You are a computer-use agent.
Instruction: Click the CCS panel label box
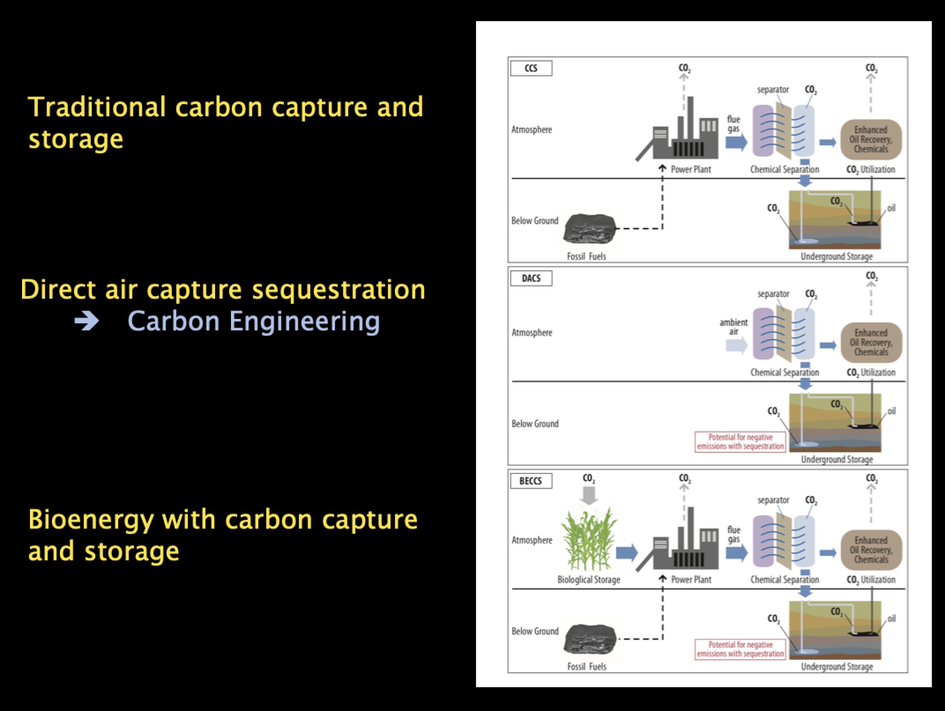(531, 68)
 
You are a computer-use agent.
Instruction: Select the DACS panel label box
(531, 278)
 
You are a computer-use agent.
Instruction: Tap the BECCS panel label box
(531, 481)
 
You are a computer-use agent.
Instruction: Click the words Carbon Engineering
(254, 321)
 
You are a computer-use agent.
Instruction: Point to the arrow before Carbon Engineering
(86, 322)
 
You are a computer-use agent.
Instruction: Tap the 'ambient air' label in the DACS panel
(733, 327)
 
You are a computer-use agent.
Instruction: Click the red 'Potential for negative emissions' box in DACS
(740, 442)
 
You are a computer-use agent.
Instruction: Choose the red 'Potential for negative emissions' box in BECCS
(740, 649)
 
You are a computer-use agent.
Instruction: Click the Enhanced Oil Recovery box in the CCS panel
(871, 139)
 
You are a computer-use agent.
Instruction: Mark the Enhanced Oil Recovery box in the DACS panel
(871, 342)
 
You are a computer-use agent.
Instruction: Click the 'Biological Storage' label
(589, 580)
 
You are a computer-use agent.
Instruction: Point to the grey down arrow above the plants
(589, 496)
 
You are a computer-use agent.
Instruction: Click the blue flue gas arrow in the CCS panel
(737, 142)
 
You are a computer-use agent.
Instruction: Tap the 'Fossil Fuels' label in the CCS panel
(587, 256)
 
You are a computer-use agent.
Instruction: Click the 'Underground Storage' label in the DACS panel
(837, 459)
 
